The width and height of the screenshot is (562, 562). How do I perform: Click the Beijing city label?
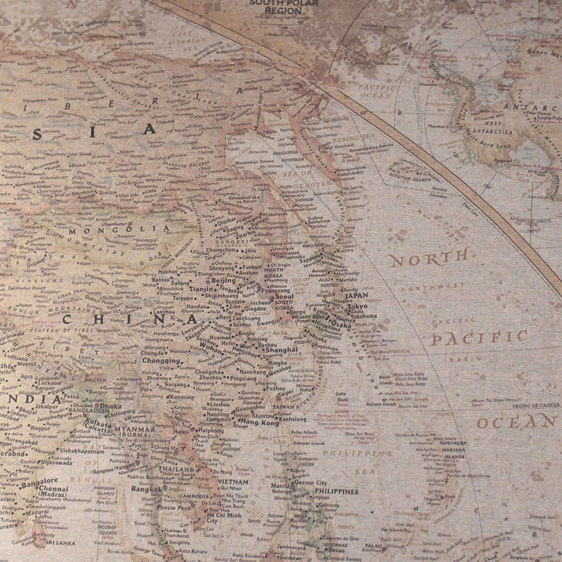[223, 280]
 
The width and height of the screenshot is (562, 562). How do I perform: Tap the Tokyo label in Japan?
[357, 307]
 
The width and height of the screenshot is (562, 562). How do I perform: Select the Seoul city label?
[284, 296]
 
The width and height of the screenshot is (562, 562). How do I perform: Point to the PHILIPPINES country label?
[337, 491]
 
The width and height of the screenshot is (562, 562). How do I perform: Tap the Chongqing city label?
[161, 361]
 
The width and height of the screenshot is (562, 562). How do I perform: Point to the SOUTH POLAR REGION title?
[283, 7]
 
